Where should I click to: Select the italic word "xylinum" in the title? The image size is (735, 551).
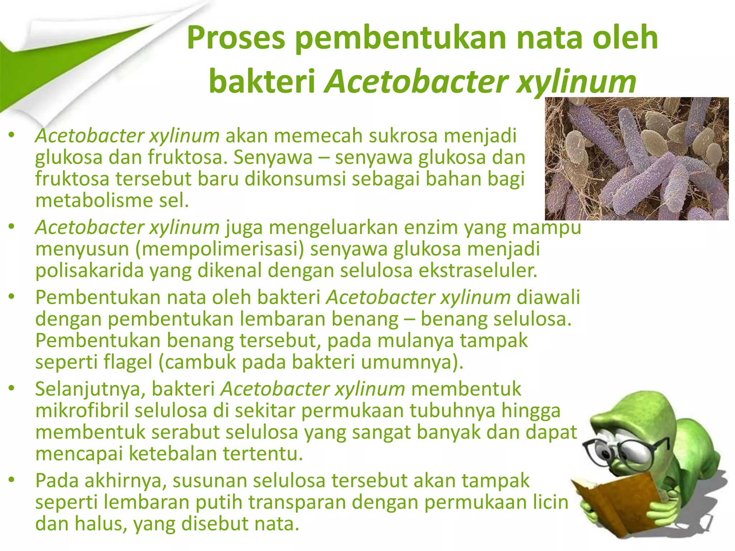[x=576, y=82]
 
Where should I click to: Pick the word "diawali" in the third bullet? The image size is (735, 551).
[x=548, y=298]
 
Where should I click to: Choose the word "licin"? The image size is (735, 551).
[x=551, y=502]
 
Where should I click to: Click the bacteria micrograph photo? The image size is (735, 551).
[x=636, y=159]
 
